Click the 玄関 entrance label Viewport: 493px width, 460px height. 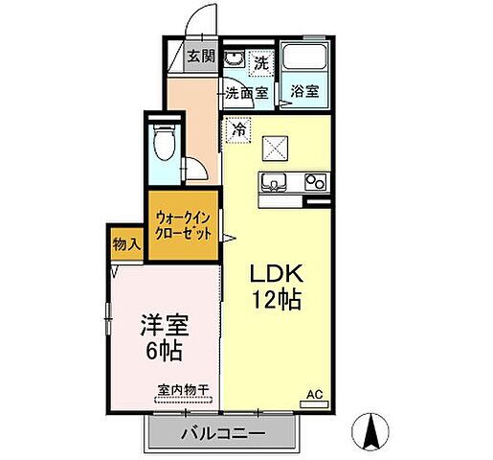[200, 56]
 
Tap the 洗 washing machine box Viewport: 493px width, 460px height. [259, 61]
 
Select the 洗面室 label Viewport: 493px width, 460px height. [247, 94]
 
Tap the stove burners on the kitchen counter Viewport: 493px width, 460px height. [316, 180]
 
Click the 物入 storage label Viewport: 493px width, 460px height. [125, 245]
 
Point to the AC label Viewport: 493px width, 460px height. [313, 393]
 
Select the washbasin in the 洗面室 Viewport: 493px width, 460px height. [234, 59]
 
